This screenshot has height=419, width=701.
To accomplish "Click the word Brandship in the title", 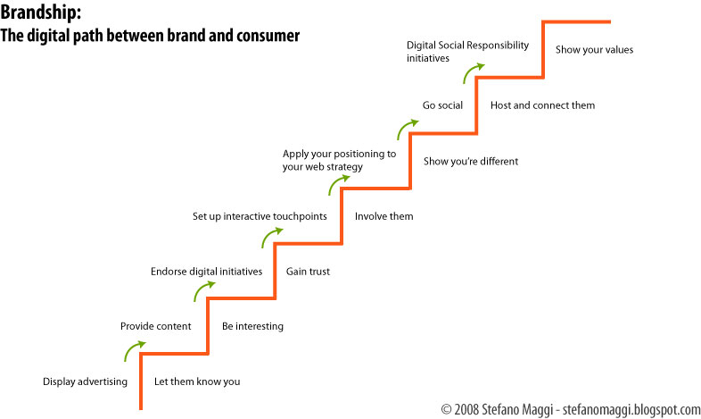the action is [x=39, y=13].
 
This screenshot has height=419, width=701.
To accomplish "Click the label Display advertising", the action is [x=85, y=381].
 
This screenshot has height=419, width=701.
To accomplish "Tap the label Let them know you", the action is [x=197, y=381].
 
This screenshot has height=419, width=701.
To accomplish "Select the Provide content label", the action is [x=155, y=326].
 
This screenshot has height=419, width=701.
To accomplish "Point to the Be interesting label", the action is [x=252, y=326].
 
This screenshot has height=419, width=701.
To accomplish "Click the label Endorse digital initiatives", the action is [x=207, y=272].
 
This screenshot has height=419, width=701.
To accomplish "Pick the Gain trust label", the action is [x=308, y=272].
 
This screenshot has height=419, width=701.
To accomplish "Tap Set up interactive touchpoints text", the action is [x=260, y=217].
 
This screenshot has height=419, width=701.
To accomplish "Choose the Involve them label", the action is [x=384, y=216].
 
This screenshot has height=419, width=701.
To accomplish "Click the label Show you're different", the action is [x=471, y=161].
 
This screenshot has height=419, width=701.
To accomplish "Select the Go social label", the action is [x=442, y=105].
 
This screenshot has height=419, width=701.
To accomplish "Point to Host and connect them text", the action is [x=543, y=105].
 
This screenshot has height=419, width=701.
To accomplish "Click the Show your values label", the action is [x=595, y=50].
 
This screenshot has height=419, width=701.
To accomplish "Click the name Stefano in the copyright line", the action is [x=499, y=409].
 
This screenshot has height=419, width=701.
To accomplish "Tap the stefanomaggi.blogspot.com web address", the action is [x=631, y=409].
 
